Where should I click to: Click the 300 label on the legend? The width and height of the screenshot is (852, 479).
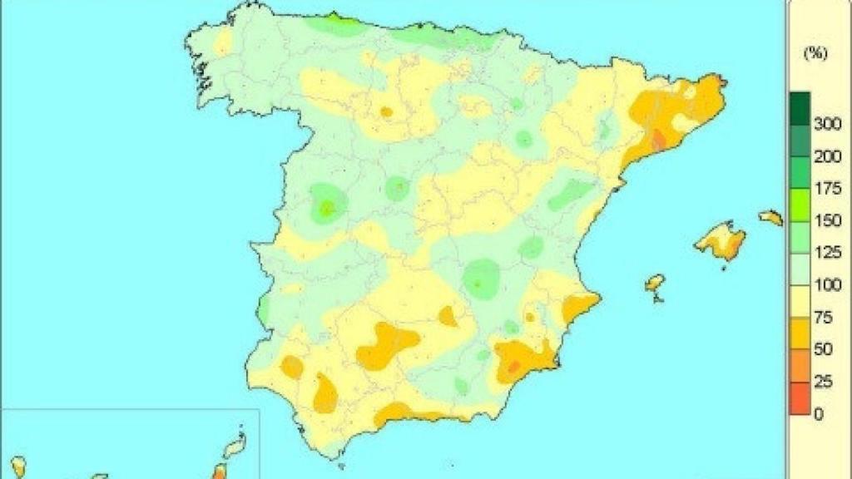[827, 124]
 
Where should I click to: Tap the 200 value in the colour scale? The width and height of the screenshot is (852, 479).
[827, 156]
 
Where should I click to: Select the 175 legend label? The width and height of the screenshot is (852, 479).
[827, 189]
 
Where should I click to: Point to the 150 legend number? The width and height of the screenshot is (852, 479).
[827, 220]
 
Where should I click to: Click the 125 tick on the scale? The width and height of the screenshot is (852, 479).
[827, 253]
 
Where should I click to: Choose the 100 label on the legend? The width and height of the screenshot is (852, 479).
[827, 285]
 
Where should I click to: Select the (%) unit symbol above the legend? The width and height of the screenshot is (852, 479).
[815, 53]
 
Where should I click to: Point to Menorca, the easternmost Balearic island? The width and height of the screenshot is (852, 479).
[771, 218]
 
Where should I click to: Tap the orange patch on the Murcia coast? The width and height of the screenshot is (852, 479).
[520, 360]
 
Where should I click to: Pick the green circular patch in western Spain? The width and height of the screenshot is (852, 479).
[327, 205]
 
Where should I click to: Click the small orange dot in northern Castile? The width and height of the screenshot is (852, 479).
[386, 111]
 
